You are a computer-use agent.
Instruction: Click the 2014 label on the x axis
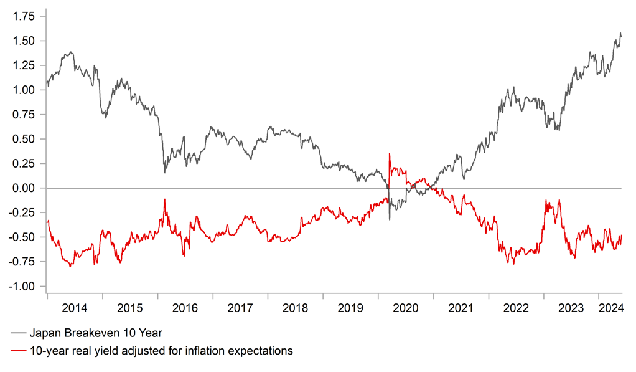click(74, 308)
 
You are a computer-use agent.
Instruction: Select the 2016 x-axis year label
click(185, 308)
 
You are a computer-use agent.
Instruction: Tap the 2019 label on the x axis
click(350, 308)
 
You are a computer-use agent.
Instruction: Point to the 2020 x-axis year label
click(406, 308)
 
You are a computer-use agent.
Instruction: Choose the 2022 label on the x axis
click(516, 308)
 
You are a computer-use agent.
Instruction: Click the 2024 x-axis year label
click(610, 308)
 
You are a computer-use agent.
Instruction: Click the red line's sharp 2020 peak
click(390, 153)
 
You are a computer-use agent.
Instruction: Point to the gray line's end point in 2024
click(621, 35)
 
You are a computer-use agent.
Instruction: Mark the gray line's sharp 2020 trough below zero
click(390, 219)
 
